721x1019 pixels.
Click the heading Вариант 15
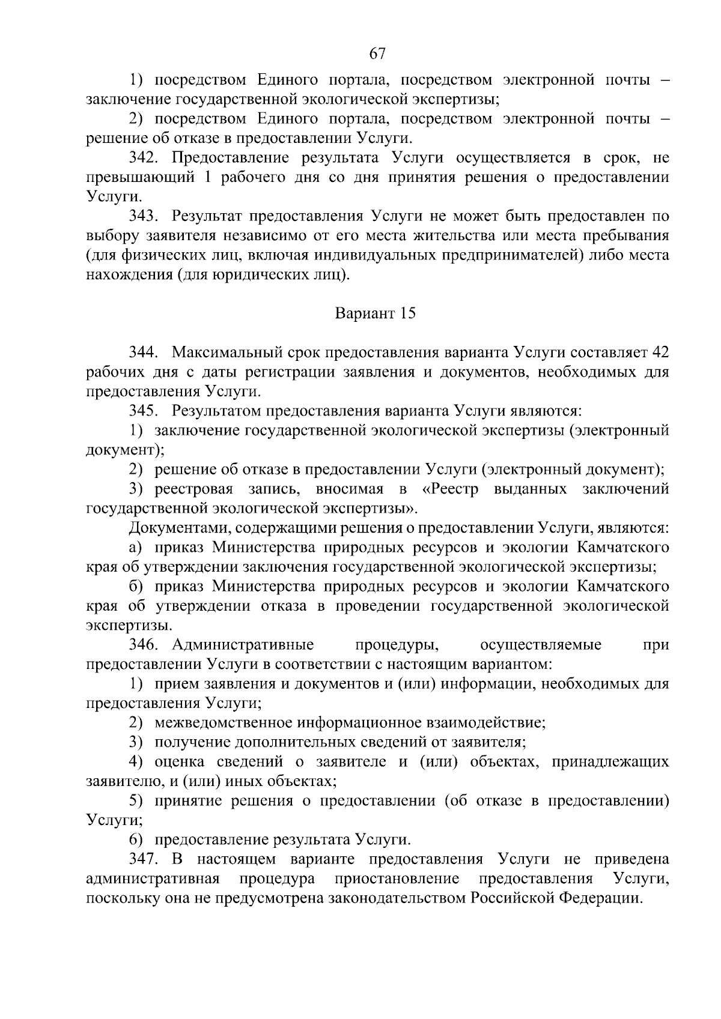coord(376,313)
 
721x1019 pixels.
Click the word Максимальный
coord(224,352)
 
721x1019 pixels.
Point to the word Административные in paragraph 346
coord(243,645)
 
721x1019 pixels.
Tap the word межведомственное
coord(224,723)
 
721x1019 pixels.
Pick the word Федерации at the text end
coord(601,898)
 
